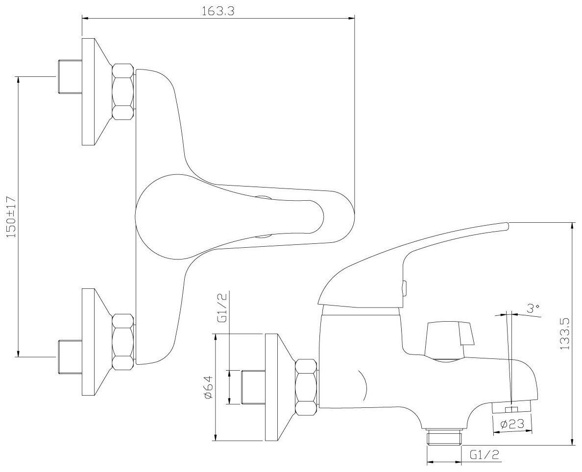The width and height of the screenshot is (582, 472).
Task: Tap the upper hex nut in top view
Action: [x=122, y=92]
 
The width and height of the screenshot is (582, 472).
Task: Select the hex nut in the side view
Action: [x=307, y=387]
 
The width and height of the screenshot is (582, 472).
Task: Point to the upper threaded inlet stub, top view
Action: [x=69, y=77]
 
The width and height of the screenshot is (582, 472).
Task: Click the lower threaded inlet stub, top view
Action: [x=69, y=356]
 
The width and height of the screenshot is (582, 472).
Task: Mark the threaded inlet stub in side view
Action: [x=254, y=387]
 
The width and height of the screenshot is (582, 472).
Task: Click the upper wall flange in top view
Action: [x=91, y=92]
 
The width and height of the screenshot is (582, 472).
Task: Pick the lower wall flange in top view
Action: [x=91, y=341]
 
